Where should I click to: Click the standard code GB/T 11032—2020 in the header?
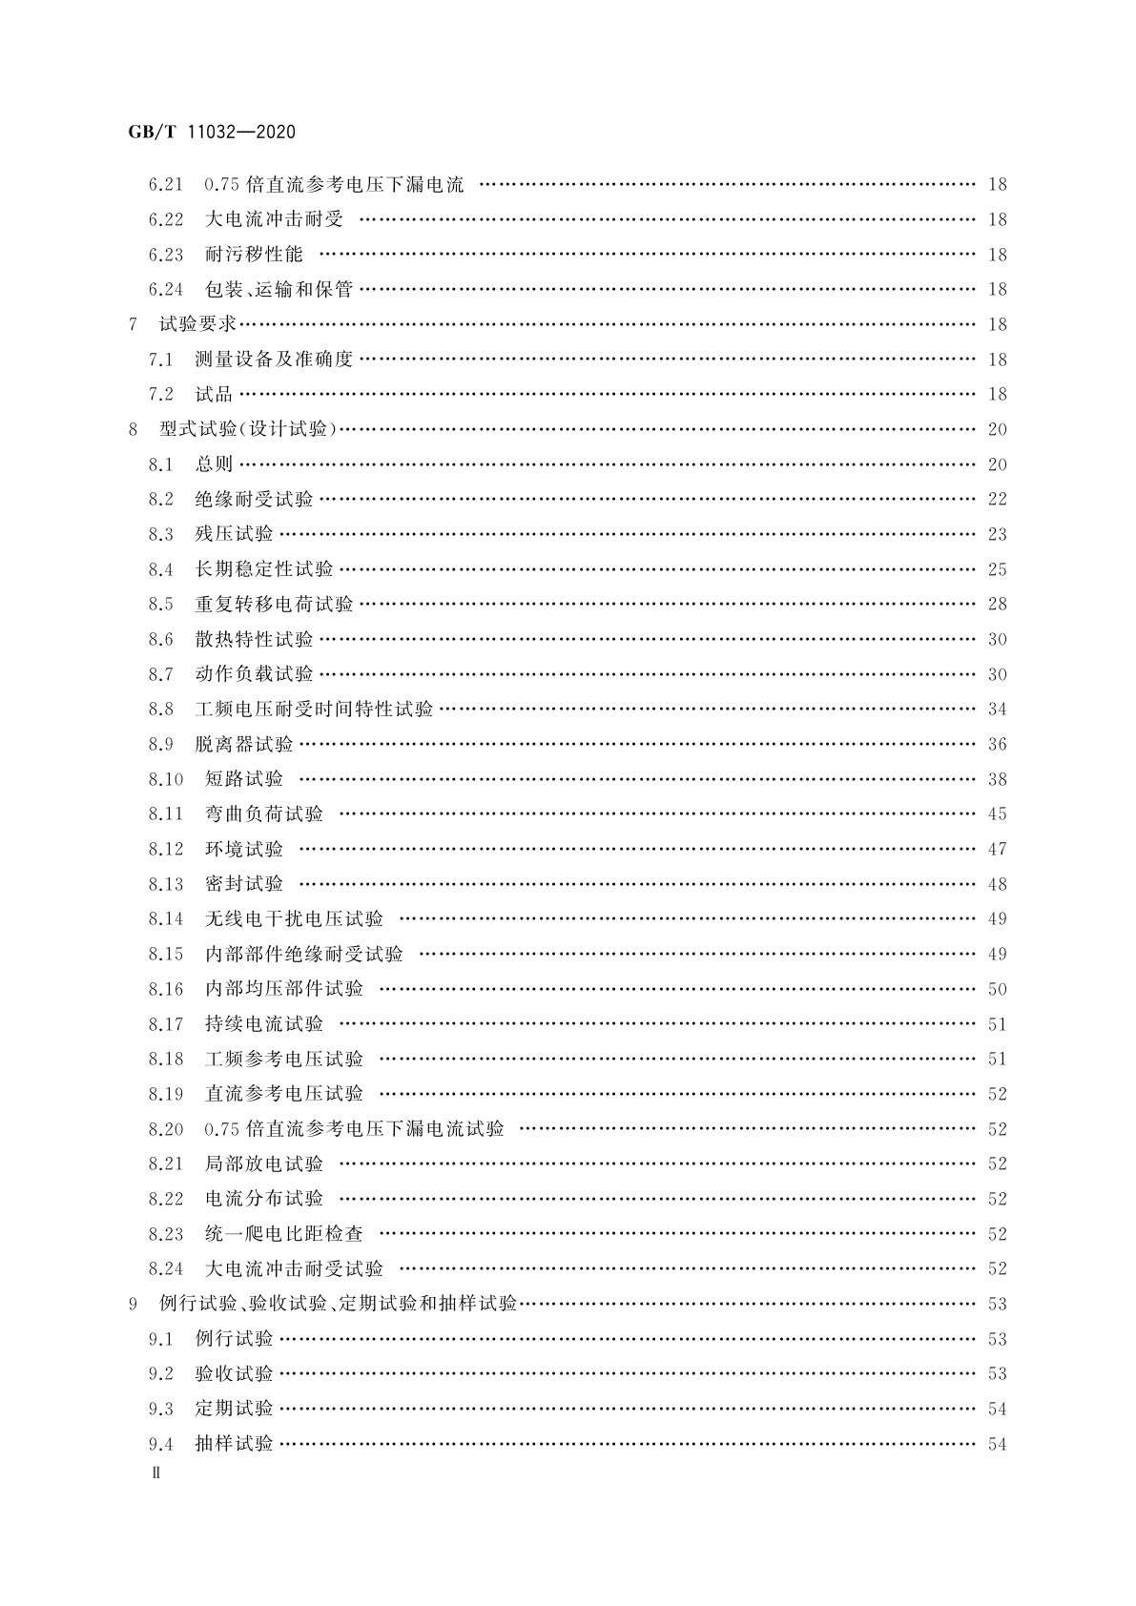(212, 132)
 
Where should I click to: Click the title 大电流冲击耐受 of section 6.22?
(274, 219)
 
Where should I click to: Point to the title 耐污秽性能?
(254, 255)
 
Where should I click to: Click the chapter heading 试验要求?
(197, 324)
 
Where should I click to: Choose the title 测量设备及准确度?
(274, 360)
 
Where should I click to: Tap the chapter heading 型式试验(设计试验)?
(249, 429)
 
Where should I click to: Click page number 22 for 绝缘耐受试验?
(997, 500)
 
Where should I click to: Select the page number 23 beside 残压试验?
(997, 535)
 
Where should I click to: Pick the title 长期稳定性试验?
(264, 569)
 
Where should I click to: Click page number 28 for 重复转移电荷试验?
(997, 605)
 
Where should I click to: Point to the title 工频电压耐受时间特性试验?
(314, 710)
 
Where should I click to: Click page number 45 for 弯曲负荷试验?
(997, 814)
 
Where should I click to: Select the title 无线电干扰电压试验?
(294, 919)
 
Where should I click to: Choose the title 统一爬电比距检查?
(284, 1234)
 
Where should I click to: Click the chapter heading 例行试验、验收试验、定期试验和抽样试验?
(338, 1304)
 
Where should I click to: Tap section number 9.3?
(160, 1410)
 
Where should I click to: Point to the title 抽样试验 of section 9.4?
(234, 1444)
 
